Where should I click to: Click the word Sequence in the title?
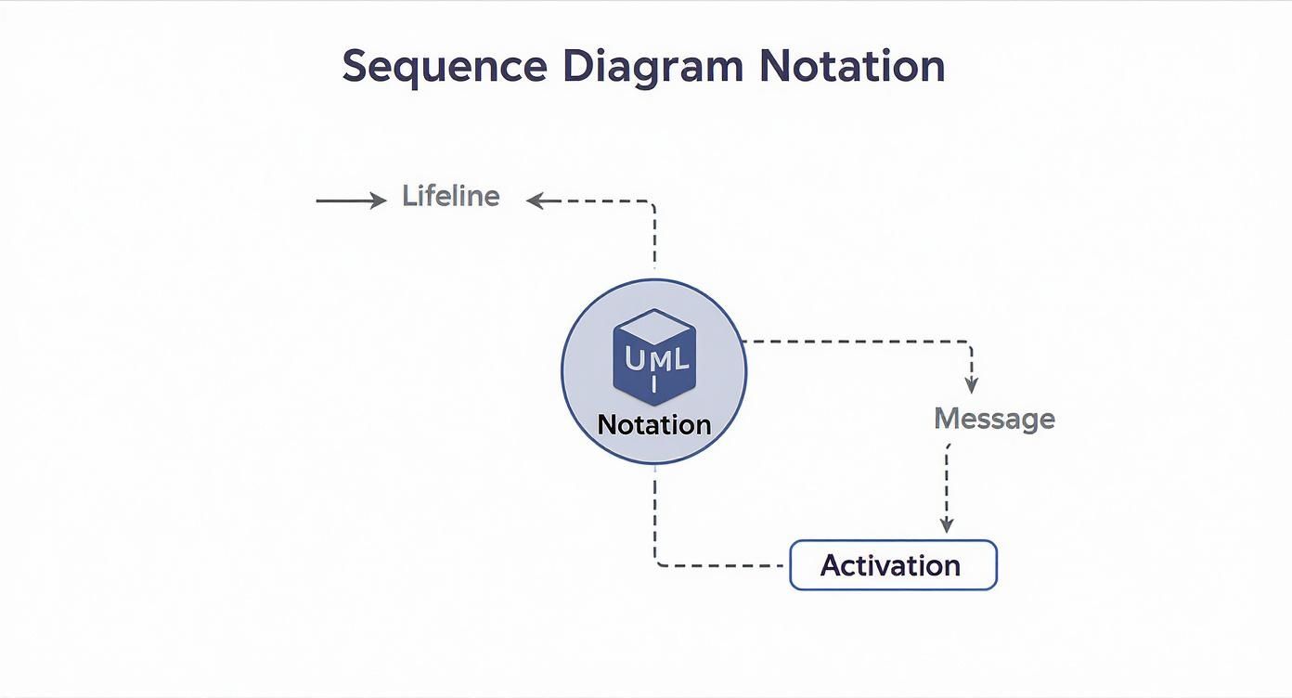click(444, 67)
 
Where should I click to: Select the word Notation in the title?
click(852, 67)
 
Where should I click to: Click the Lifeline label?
click(450, 196)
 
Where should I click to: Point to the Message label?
click(994, 419)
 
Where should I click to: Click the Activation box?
click(892, 565)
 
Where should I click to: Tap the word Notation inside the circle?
click(653, 425)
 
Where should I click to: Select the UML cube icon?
click(653, 358)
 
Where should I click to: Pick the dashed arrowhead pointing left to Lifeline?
click(535, 200)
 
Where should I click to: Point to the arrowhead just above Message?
click(971, 386)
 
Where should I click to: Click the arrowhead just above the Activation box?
click(947, 526)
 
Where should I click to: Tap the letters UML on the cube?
click(657, 360)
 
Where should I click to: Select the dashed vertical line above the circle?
click(655, 237)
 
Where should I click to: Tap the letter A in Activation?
click(832, 565)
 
